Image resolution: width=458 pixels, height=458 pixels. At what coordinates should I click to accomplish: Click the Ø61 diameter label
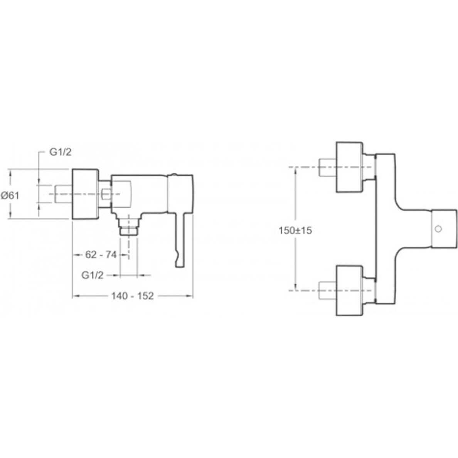click(10, 195)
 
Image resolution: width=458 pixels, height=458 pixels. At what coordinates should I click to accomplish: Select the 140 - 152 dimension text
click(132, 296)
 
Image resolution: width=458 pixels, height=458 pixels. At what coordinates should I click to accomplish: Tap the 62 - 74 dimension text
click(101, 255)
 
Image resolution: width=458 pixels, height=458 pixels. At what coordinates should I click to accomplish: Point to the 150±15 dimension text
click(295, 231)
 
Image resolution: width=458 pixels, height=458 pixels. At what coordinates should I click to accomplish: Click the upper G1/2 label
click(60, 152)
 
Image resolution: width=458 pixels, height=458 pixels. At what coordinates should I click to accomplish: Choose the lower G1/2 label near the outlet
click(92, 275)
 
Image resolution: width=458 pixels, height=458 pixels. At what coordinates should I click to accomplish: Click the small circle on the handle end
click(438, 229)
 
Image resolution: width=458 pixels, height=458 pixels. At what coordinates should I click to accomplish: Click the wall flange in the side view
click(85, 194)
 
